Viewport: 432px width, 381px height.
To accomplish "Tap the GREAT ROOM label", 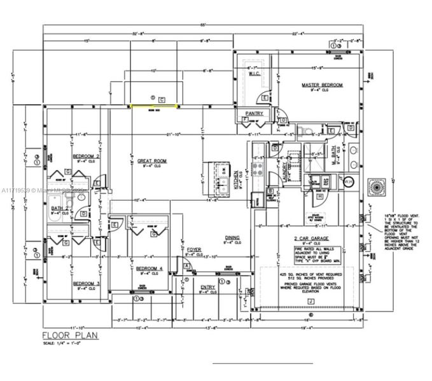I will click(x=152, y=161).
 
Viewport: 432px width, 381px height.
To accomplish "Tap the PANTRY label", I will click(x=254, y=114).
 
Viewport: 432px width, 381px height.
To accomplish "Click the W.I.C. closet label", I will click(x=256, y=74).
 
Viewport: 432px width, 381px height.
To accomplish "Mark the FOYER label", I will click(x=194, y=250).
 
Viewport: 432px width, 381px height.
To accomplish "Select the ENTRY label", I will click(x=207, y=288).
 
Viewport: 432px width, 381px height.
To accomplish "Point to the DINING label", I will click(x=232, y=238).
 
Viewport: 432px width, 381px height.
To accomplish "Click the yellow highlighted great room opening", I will click(x=153, y=106).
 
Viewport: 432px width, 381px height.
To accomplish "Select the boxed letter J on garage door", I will click(x=310, y=300).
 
